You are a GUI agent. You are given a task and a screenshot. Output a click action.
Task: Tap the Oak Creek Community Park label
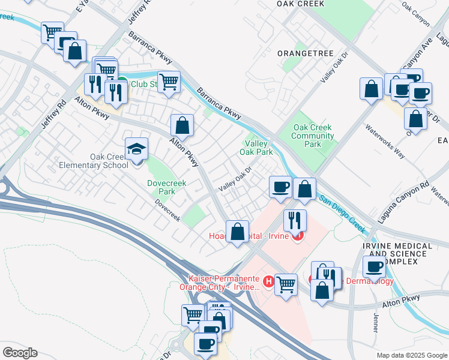pos(312,136)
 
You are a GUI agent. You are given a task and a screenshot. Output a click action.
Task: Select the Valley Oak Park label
pos(256,148)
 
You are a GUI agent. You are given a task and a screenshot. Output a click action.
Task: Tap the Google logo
pos(20,353)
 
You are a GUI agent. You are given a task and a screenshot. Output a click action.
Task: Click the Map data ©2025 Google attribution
pos(411,355)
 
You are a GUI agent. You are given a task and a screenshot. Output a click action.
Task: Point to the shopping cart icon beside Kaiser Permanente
pos(286,283)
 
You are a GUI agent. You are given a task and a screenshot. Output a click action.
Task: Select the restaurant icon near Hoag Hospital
pos(295,220)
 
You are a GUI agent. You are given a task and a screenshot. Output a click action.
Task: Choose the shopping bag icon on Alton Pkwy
pos(182,125)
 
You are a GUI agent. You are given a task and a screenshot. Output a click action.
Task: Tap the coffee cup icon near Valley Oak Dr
pos(280,188)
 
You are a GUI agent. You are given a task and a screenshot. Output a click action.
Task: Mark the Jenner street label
pos(376,322)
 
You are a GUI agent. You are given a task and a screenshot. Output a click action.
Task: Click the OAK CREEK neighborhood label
pos(300,4)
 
